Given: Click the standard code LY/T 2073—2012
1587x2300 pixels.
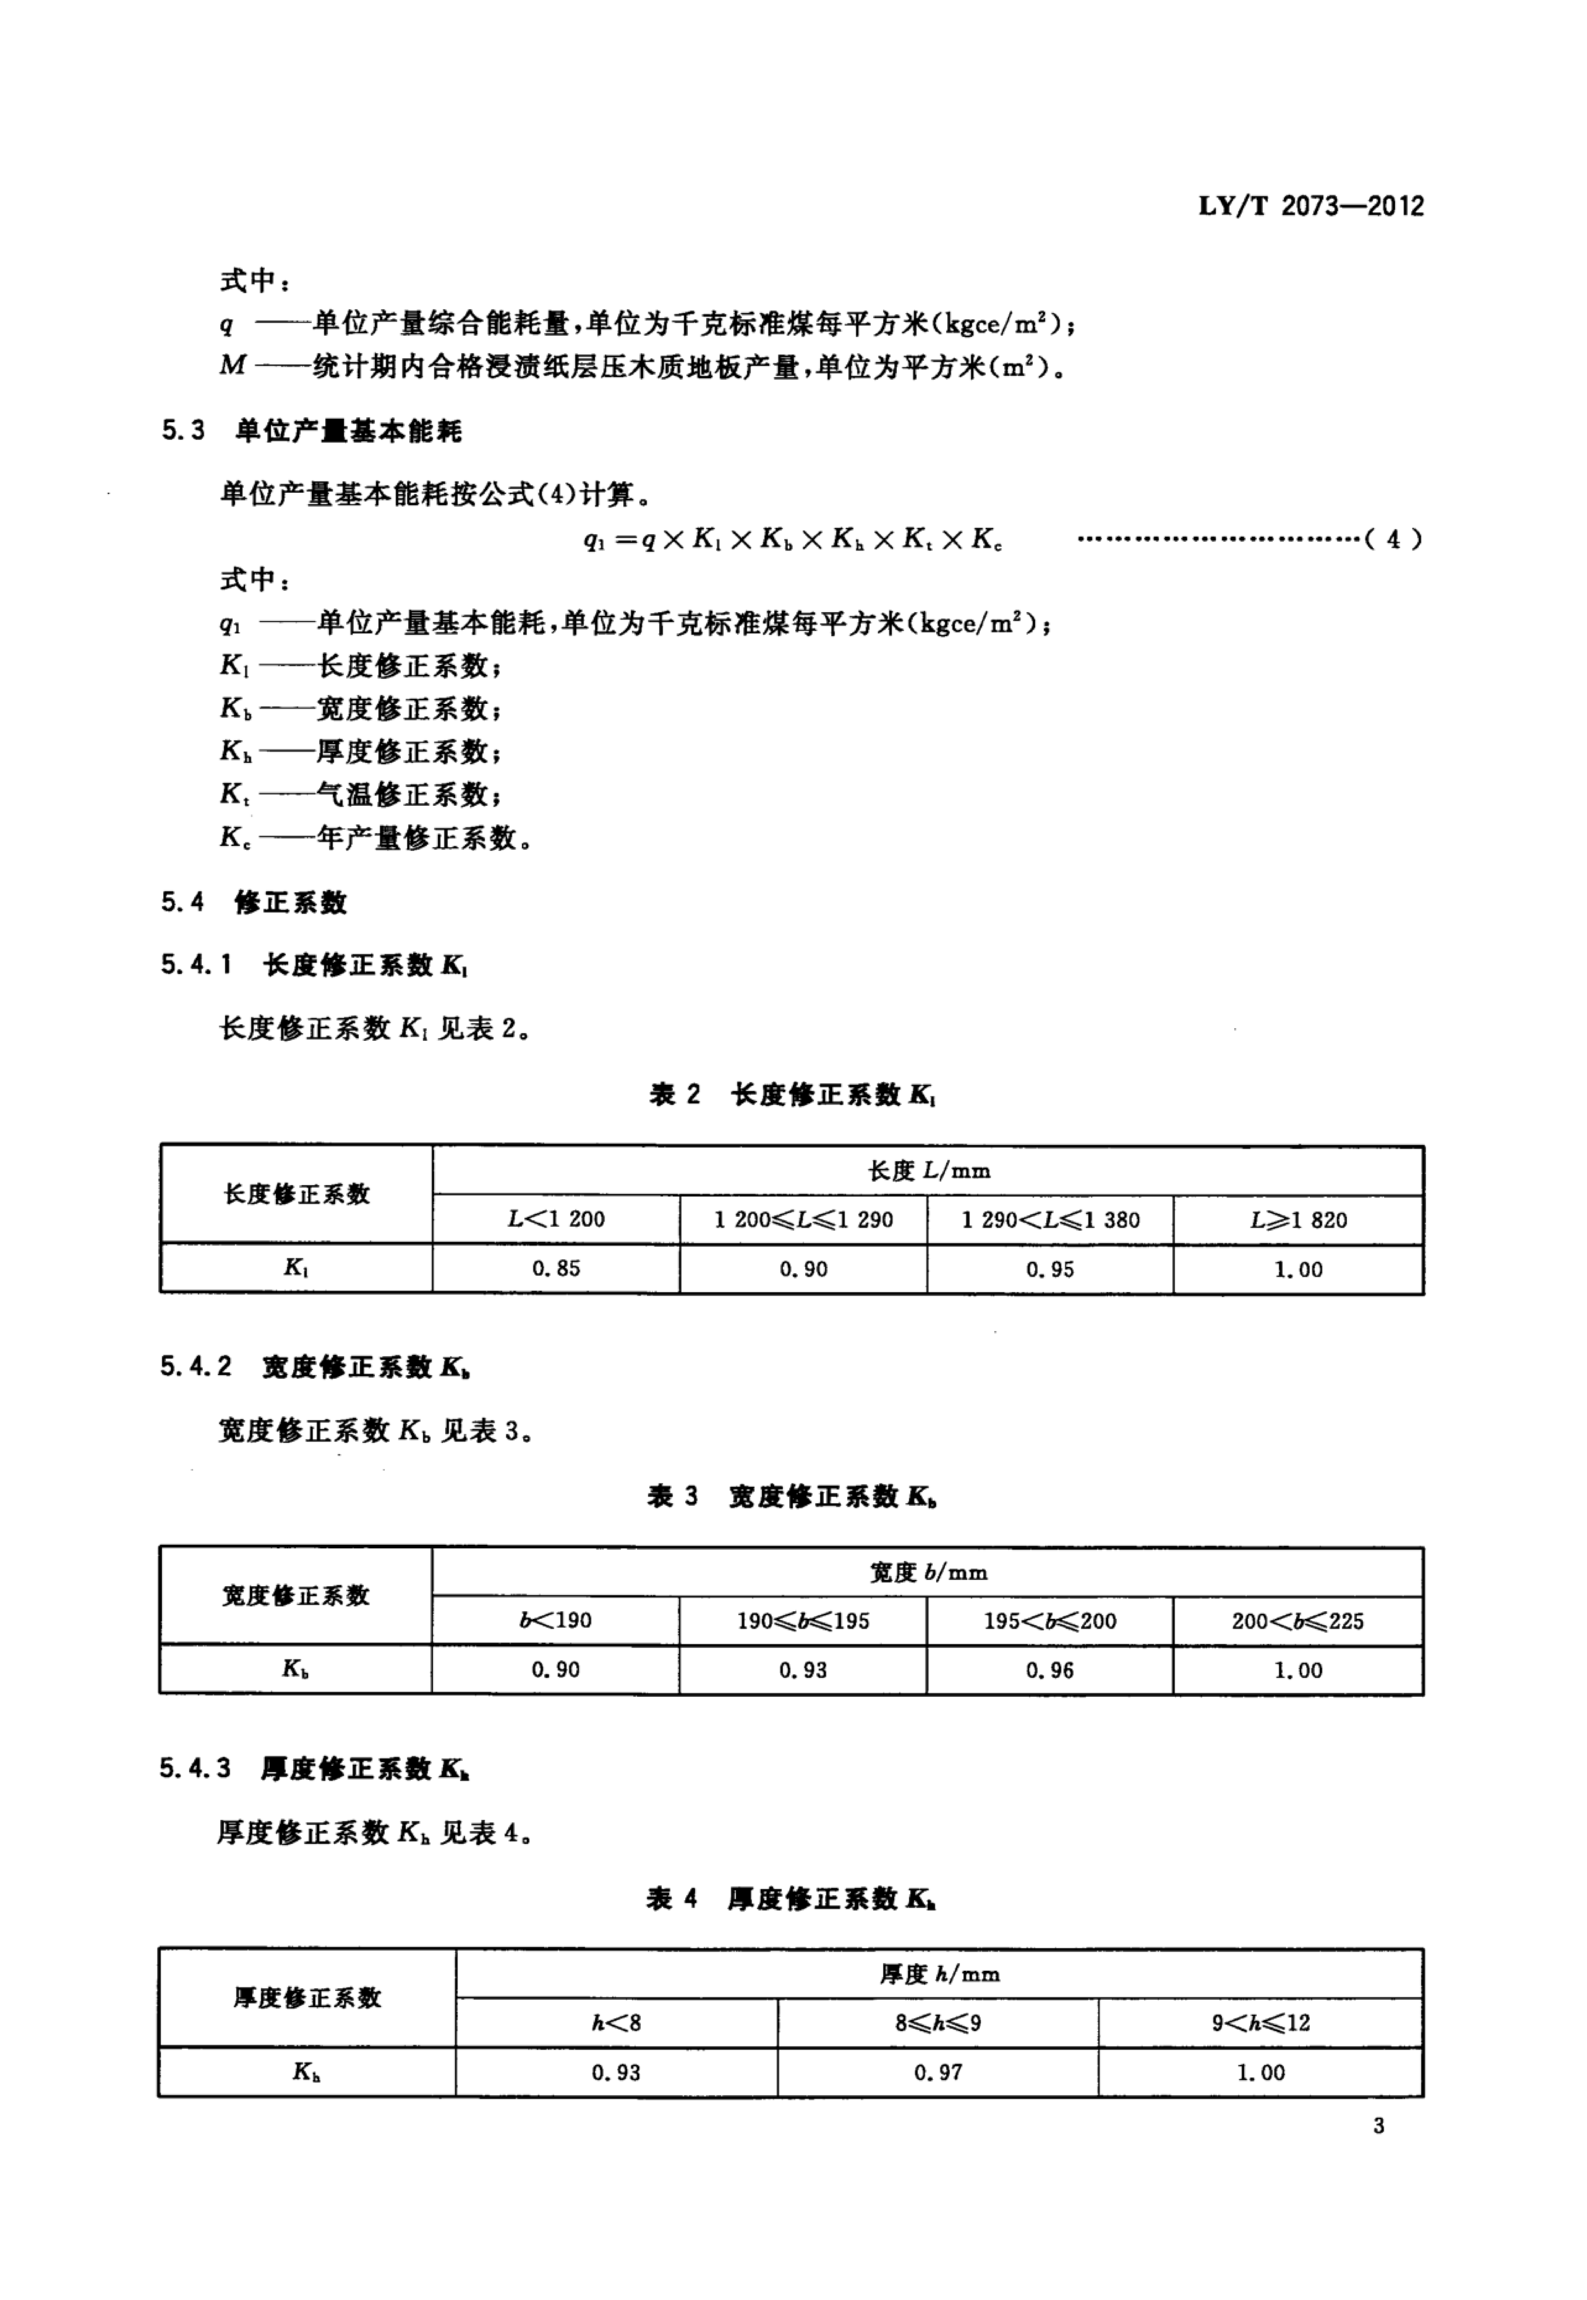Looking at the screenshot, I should [x=1311, y=207].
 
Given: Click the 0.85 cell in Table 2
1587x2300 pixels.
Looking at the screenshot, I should [x=556, y=1269].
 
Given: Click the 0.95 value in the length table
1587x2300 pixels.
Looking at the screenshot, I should [x=1050, y=1269].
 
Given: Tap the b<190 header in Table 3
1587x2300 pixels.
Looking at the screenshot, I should [x=556, y=1621].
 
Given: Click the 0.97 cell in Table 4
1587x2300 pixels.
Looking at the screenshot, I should [x=938, y=2072].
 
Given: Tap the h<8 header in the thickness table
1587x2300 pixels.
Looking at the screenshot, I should [x=617, y=2023].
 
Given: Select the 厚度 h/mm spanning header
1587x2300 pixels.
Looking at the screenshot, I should [x=939, y=1974].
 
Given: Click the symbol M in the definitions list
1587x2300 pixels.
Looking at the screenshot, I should [x=233, y=366].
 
